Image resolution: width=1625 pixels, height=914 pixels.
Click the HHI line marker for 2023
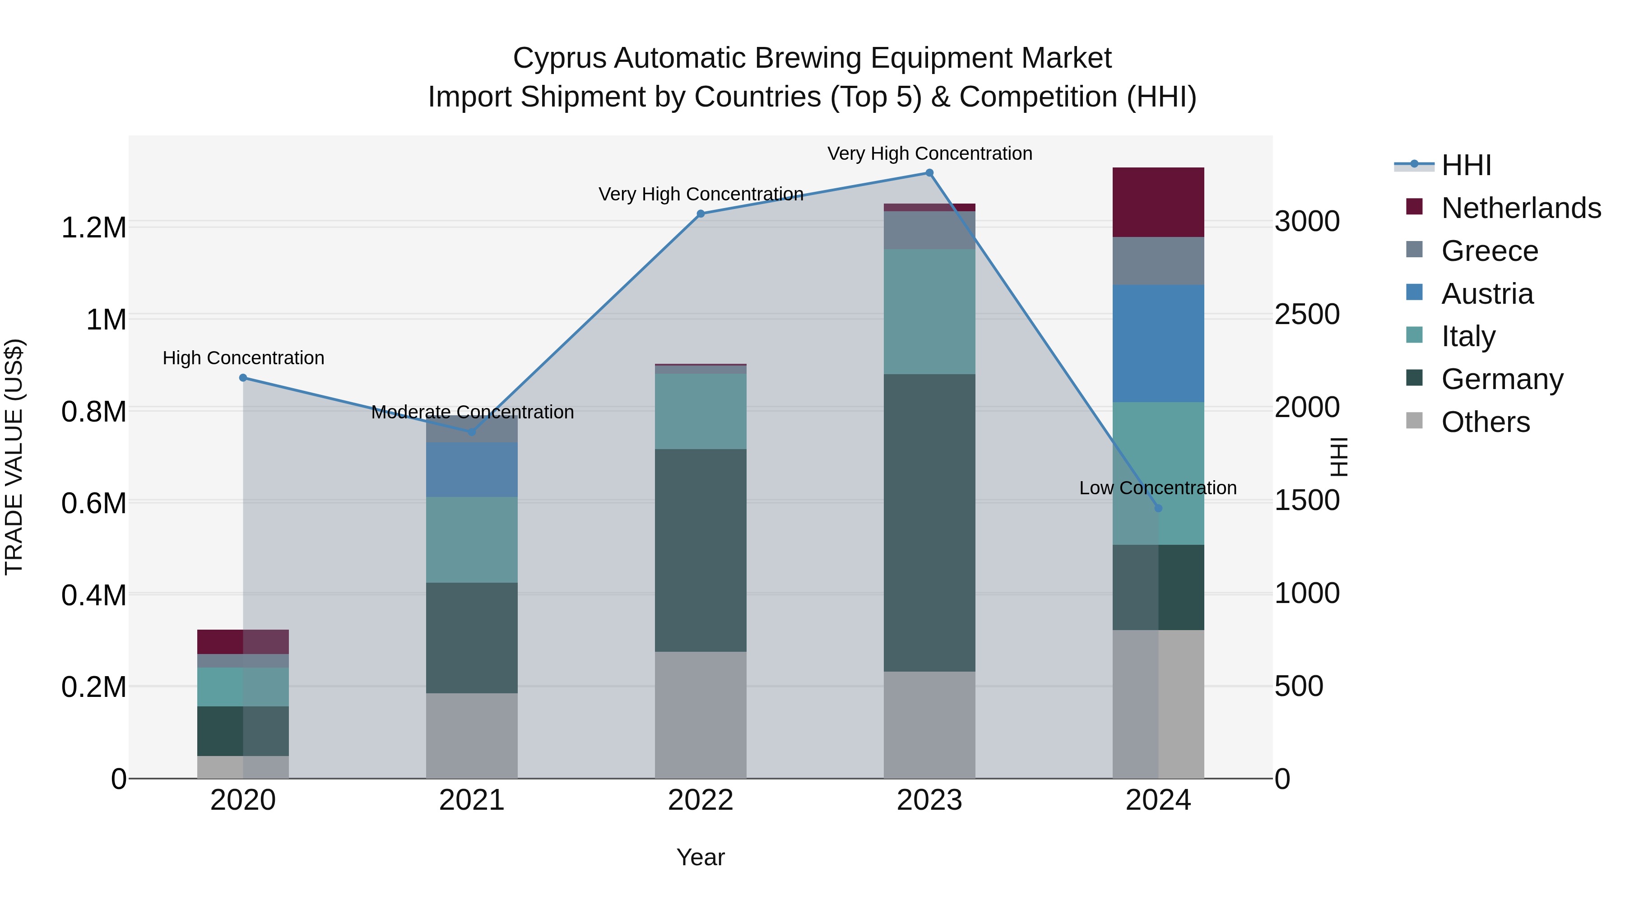pos(929,173)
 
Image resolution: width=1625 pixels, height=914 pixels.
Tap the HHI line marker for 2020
pos(243,378)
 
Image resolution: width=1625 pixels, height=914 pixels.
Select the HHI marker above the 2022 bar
pos(700,214)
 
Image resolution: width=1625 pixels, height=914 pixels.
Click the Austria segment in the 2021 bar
pos(472,469)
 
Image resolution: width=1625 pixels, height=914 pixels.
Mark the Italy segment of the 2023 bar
pos(929,311)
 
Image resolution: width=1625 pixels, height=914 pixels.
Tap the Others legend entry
pos(1485,422)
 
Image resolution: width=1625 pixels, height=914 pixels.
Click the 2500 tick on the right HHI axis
pos(1306,314)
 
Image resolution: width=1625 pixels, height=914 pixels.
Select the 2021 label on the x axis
pos(472,800)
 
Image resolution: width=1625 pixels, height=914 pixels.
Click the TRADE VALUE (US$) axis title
pos(14,457)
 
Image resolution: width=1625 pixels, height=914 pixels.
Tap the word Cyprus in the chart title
pos(560,58)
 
